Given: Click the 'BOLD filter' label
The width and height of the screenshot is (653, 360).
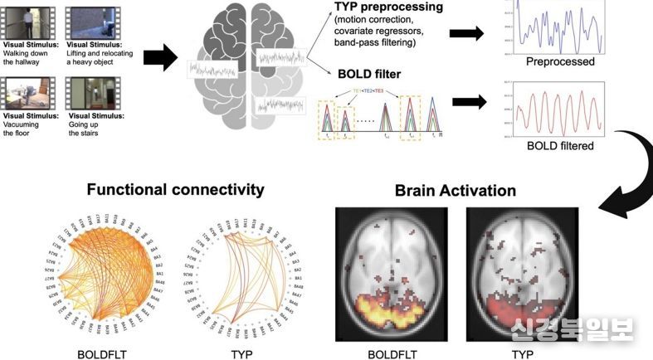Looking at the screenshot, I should coord(368,75).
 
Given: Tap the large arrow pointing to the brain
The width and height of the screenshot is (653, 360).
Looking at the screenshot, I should coord(160,58).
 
